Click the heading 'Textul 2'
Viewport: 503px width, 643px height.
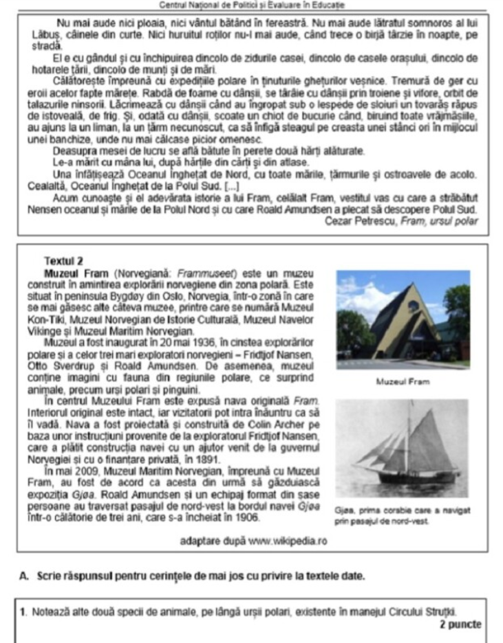(x=63, y=261)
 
